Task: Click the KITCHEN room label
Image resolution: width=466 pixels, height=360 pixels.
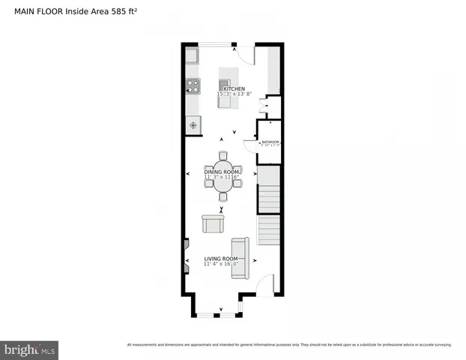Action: (232, 88)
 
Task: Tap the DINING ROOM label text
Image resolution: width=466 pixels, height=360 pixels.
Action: (223, 172)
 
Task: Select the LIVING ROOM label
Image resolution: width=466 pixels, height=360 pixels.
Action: (221, 258)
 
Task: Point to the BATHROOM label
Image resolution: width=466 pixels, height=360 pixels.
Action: (270, 142)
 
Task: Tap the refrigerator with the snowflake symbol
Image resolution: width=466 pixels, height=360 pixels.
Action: (193, 125)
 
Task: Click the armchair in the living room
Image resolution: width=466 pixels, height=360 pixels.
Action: (212, 223)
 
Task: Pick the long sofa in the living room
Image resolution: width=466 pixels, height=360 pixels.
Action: (240, 257)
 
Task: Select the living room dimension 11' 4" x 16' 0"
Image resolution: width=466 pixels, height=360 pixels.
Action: (221, 264)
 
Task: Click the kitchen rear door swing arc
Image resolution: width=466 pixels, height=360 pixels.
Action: (246, 55)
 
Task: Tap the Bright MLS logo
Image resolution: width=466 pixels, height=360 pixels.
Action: (30, 349)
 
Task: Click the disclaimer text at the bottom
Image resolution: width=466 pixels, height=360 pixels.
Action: (289, 345)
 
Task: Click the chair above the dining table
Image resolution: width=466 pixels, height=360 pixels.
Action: (223, 156)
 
